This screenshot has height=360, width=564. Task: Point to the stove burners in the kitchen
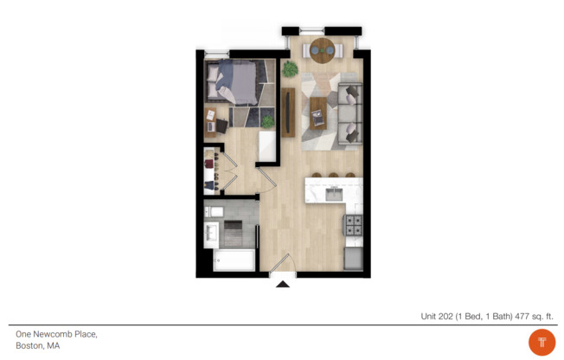pyautogui.click(x=354, y=227)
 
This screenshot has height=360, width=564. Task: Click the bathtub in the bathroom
pyautogui.click(x=234, y=260)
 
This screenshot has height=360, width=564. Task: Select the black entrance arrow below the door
pyautogui.click(x=282, y=282)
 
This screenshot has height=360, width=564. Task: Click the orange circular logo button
pyautogui.click(x=542, y=342)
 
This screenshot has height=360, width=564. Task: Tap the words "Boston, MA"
pyautogui.click(x=37, y=345)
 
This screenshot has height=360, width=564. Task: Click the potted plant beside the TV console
pyautogui.click(x=291, y=67)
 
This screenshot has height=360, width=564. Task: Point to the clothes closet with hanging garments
pyautogui.click(x=210, y=170)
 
